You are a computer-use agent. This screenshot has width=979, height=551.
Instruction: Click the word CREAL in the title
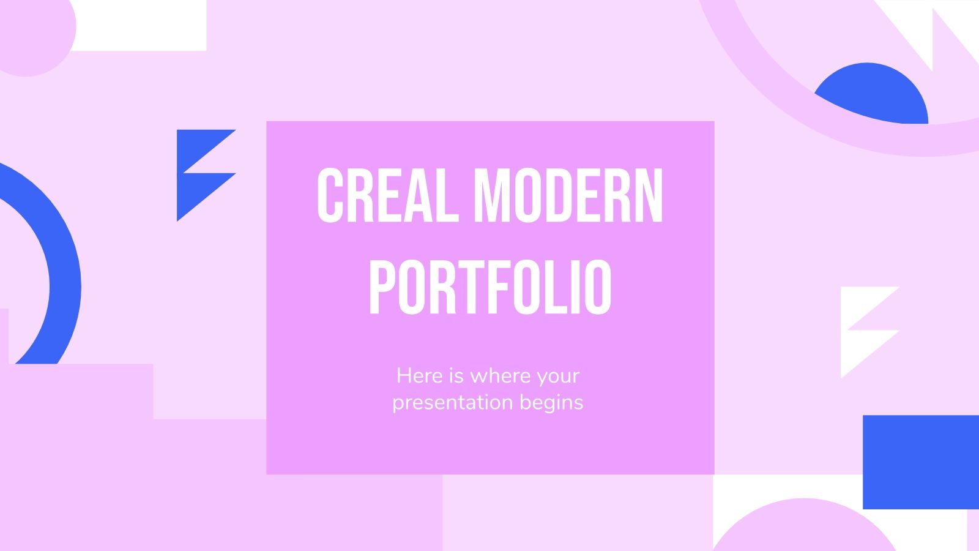387,195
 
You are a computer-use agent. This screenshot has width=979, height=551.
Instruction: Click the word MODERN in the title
568,195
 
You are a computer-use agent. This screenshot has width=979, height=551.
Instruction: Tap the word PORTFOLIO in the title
490,287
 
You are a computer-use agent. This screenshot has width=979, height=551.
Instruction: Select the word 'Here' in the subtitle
419,375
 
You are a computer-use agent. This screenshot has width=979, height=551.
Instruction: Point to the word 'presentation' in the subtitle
453,403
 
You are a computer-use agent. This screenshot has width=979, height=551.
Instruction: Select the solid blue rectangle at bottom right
920,462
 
